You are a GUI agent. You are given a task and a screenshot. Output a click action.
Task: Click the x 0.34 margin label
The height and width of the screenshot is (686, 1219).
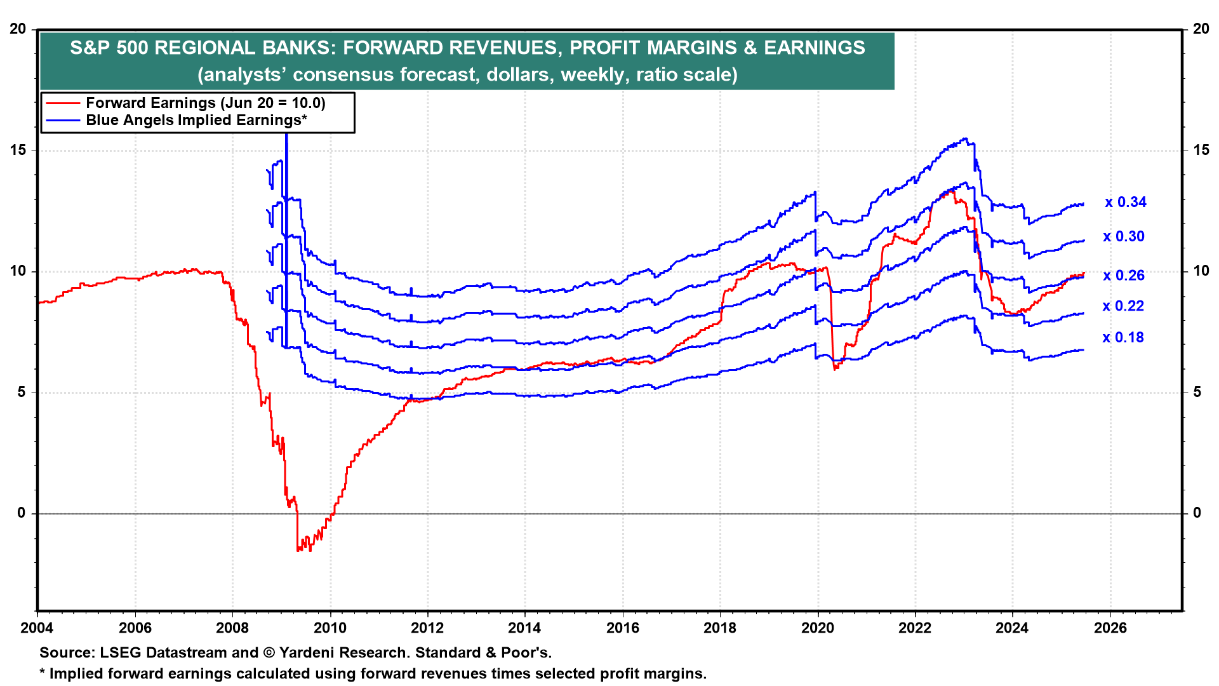pyautogui.click(x=1125, y=203)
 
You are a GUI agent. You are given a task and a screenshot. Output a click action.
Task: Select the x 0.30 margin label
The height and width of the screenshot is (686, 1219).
pyautogui.click(x=1123, y=237)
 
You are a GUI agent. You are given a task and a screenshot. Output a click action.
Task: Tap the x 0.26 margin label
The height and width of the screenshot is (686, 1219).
pyautogui.click(x=1123, y=276)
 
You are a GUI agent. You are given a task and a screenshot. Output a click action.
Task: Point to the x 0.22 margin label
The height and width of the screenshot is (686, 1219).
pyautogui.click(x=1122, y=306)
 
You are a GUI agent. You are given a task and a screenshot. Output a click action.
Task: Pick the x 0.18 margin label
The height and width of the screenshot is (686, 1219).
pyautogui.click(x=1122, y=338)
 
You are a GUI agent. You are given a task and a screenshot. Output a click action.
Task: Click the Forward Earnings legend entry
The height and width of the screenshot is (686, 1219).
pyautogui.click(x=205, y=103)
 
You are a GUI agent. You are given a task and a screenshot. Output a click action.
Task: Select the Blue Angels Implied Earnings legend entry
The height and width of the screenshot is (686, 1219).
pyautogui.click(x=196, y=120)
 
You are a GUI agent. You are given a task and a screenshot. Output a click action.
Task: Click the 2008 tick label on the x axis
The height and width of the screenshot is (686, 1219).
pyautogui.click(x=232, y=628)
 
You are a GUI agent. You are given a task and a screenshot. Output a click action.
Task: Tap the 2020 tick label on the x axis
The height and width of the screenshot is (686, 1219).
pyautogui.click(x=817, y=628)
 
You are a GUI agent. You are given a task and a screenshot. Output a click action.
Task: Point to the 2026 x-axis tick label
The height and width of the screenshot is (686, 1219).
pyautogui.click(x=1110, y=628)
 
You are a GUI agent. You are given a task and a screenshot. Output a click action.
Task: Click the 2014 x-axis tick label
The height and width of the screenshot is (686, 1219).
pyautogui.click(x=524, y=628)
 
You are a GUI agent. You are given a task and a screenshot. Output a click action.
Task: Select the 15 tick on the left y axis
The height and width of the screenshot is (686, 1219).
pyautogui.click(x=18, y=151)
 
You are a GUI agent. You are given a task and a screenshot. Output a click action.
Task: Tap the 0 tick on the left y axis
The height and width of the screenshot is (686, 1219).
pyautogui.click(x=22, y=513)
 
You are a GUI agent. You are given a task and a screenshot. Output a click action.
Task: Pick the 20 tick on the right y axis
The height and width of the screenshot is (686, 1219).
pyautogui.click(x=1201, y=29)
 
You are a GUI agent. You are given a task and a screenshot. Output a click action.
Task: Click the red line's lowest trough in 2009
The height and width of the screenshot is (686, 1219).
pyautogui.click(x=298, y=549)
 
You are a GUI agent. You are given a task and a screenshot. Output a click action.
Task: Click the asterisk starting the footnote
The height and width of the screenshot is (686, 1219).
pyautogui.click(x=43, y=672)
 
